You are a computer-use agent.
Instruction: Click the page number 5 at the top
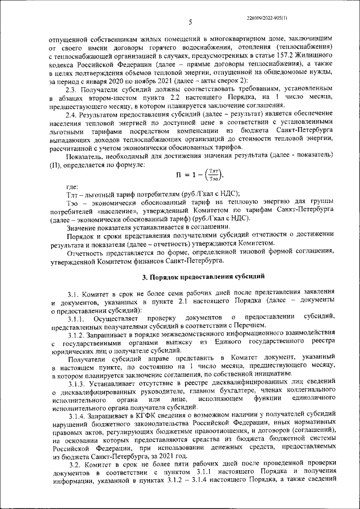[190, 22]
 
